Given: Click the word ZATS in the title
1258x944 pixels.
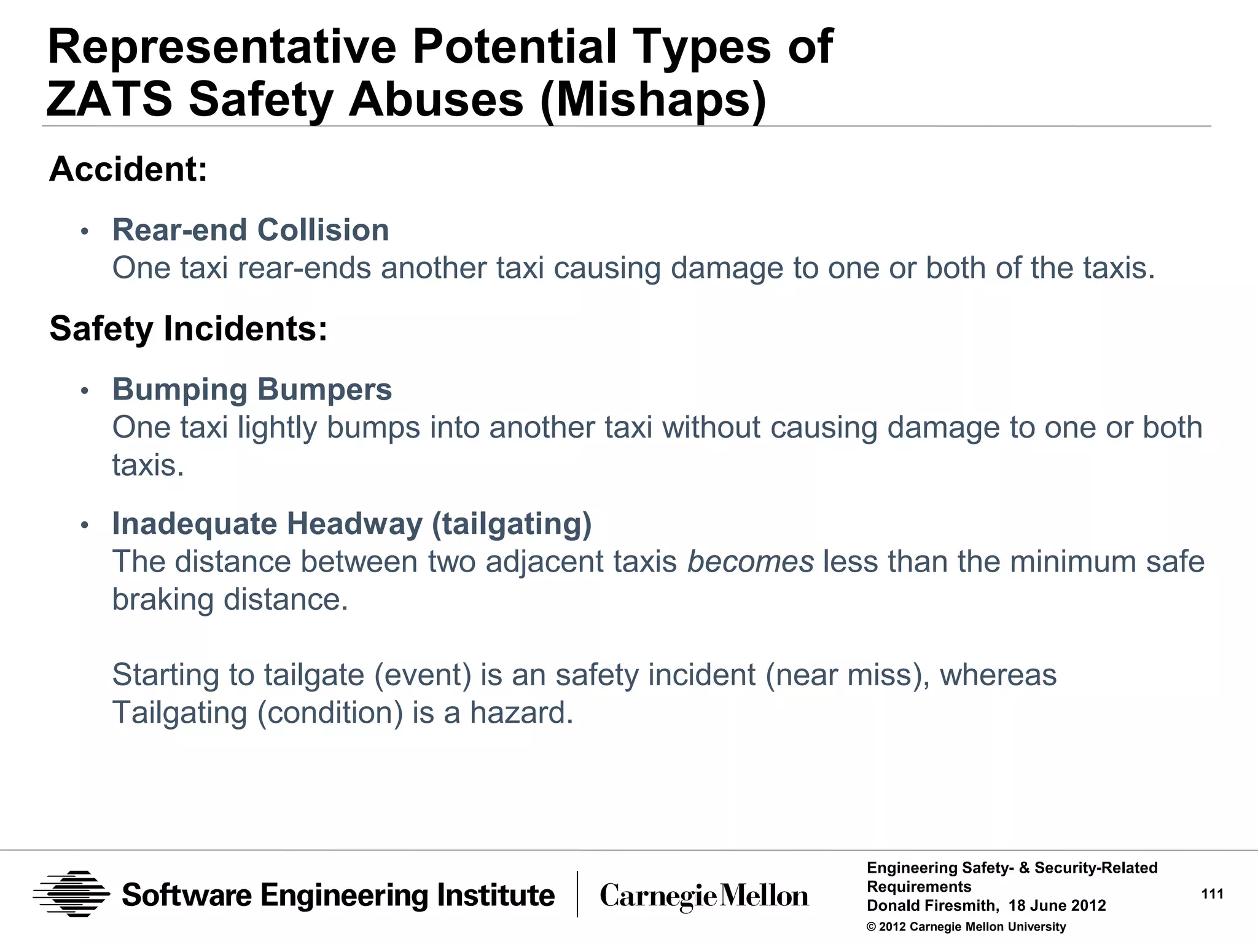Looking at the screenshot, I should pyautogui.click(x=109, y=99).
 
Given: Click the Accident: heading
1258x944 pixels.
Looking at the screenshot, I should pyautogui.click(x=128, y=169).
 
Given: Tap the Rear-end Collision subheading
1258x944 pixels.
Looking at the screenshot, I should pyautogui.click(x=251, y=230).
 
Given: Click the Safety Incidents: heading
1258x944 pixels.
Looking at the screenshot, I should pyautogui.click(x=188, y=328).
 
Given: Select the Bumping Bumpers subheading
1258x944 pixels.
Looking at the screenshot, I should pyautogui.click(x=252, y=390).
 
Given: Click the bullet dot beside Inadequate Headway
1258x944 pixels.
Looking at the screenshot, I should pyautogui.click(x=85, y=525).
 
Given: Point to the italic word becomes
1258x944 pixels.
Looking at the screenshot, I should pyautogui.click(x=750, y=562).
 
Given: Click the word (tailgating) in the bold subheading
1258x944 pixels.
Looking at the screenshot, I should pyautogui.click(x=512, y=524).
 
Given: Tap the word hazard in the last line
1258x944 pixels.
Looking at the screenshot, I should pyautogui.click(x=521, y=713).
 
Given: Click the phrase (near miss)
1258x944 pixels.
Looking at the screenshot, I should pyautogui.click(x=847, y=675).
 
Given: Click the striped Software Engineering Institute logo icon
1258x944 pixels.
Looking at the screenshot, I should pyautogui.click(x=71, y=894).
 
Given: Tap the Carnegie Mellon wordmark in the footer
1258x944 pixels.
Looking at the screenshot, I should pyautogui.click(x=704, y=896).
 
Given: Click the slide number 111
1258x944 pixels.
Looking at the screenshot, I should pyautogui.click(x=1212, y=894).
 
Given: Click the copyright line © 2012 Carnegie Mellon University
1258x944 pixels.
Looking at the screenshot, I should pyautogui.click(x=966, y=927).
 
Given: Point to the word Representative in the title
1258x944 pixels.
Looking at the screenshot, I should pyautogui.click(x=222, y=47).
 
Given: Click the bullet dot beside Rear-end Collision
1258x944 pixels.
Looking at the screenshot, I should pyautogui.click(x=85, y=232).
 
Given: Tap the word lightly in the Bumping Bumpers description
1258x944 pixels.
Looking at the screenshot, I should pyautogui.click(x=277, y=428).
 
